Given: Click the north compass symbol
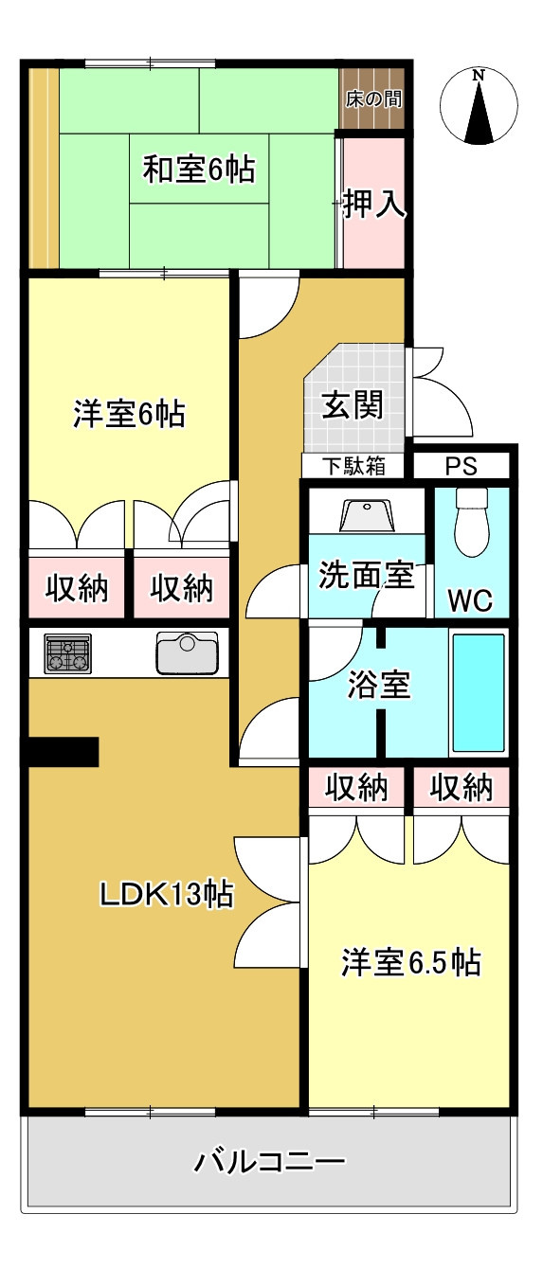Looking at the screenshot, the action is click(479, 106).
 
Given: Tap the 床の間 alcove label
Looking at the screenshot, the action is click(373, 99).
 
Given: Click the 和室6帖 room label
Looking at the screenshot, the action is click(198, 169).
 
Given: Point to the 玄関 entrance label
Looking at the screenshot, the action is click(353, 404).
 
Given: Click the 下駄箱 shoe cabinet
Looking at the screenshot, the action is click(353, 466).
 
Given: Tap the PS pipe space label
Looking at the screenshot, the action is click(462, 466).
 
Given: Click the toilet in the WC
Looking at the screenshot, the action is click(472, 522).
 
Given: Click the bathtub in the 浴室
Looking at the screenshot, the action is click(479, 692).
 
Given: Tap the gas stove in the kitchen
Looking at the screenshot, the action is click(68, 653).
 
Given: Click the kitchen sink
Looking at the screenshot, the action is click(187, 653).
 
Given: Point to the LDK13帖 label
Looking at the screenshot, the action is click(167, 894).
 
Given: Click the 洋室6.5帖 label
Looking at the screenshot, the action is click(411, 962).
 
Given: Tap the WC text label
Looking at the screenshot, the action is click(470, 600).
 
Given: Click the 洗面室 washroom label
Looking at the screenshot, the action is click(367, 575).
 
